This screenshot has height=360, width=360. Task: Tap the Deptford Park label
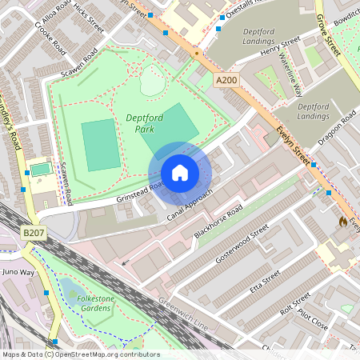pyautogui.click(x=145, y=122)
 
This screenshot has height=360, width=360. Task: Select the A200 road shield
pyautogui.click(x=227, y=80)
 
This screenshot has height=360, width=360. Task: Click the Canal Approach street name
pyautogui.click(x=190, y=206)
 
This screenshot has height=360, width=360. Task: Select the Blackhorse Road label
pyautogui.click(x=218, y=224)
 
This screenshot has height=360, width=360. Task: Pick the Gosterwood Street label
pyautogui.click(x=242, y=246)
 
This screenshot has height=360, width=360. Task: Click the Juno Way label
pyautogui.click(x=19, y=273)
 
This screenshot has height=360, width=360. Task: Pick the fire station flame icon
pyautogui.click(x=343, y=221)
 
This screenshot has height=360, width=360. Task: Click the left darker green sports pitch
pyautogui.click(x=101, y=145)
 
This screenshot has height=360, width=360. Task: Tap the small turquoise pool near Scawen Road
pyautogui.click(x=40, y=170)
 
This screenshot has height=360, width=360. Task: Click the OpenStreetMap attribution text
pyautogui.click(x=80, y=354)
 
